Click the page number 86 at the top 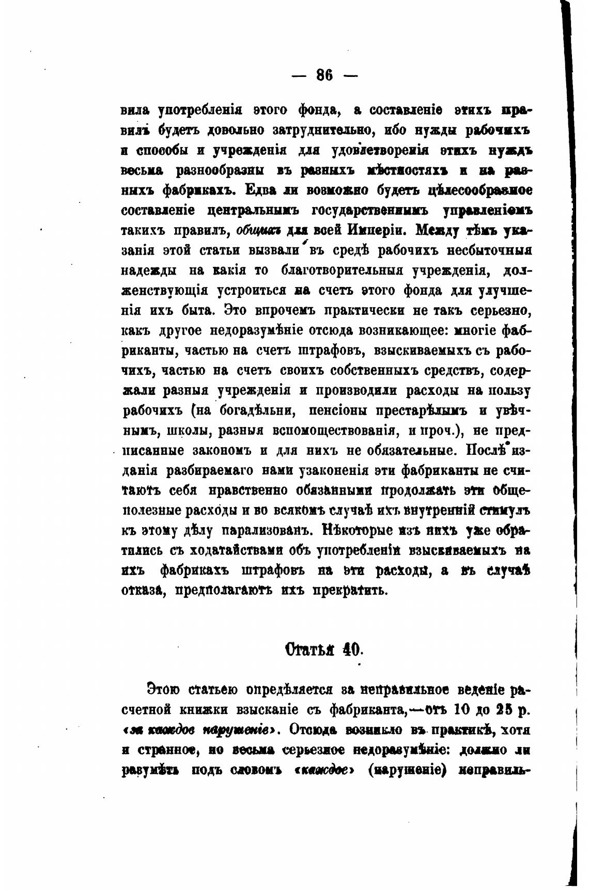pyautogui.click(x=324, y=76)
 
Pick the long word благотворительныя pyautogui.click(x=342, y=271)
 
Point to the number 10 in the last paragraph pyautogui.click(x=462, y=710)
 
